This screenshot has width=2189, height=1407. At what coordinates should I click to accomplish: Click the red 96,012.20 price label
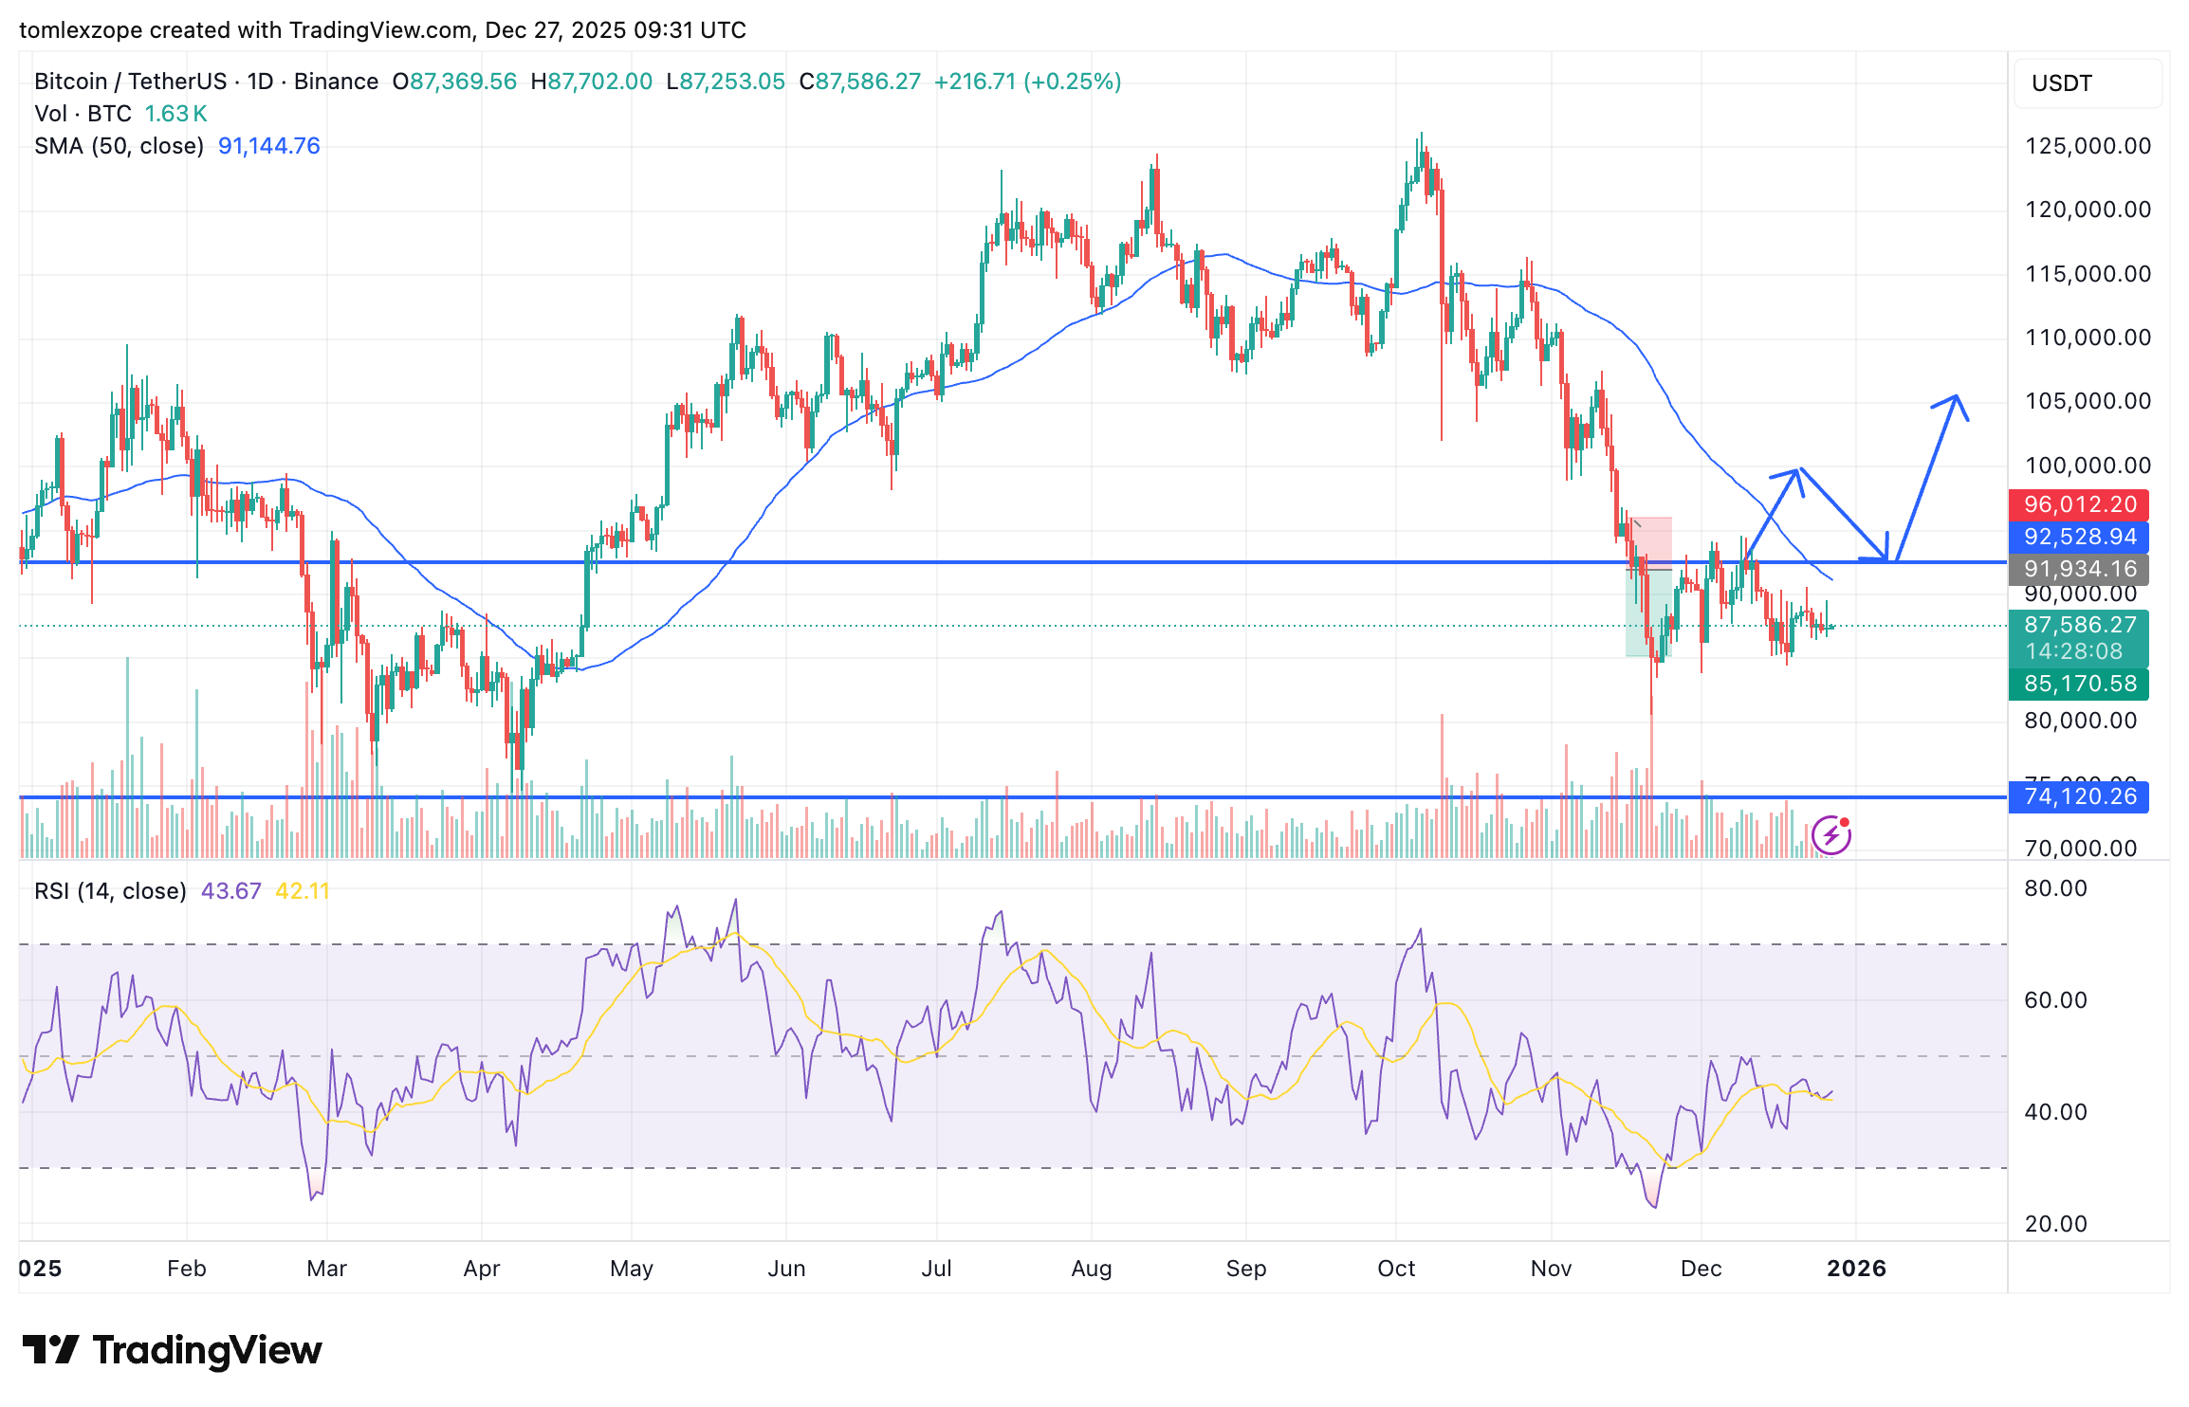click(x=2079, y=504)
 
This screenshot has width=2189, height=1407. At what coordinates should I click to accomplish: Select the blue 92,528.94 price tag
click(x=2079, y=537)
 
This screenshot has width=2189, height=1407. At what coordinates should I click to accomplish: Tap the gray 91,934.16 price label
click(x=2079, y=569)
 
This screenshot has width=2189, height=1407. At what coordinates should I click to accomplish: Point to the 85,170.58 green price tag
click(x=2079, y=684)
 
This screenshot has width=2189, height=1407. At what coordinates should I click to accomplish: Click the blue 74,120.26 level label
click(x=2079, y=796)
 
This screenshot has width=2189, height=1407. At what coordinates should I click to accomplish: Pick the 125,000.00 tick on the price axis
click(x=2088, y=146)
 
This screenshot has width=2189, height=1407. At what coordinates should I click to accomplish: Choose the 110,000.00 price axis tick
click(x=2088, y=338)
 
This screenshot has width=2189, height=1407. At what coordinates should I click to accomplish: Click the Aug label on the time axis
click(x=1091, y=1269)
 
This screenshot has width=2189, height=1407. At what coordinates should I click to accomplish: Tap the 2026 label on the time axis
click(x=1856, y=1269)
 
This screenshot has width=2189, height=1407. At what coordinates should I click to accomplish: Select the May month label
click(x=632, y=1269)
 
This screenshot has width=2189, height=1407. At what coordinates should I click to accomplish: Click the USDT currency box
click(x=2088, y=83)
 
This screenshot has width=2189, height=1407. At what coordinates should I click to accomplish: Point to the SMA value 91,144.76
click(x=268, y=146)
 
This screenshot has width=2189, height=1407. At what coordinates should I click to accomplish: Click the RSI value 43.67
click(x=230, y=891)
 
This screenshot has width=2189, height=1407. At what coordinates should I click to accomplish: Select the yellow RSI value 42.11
click(x=302, y=891)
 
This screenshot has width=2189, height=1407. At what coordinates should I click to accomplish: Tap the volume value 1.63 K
click(x=175, y=114)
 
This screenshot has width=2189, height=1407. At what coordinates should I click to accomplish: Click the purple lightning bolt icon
click(x=1831, y=835)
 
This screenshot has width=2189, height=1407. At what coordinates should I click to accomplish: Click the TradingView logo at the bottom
click(x=173, y=1350)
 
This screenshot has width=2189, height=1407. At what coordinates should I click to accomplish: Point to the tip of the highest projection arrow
click(x=1956, y=396)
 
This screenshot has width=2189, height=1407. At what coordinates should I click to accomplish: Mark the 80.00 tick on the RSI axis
click(x=2055, y=888)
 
